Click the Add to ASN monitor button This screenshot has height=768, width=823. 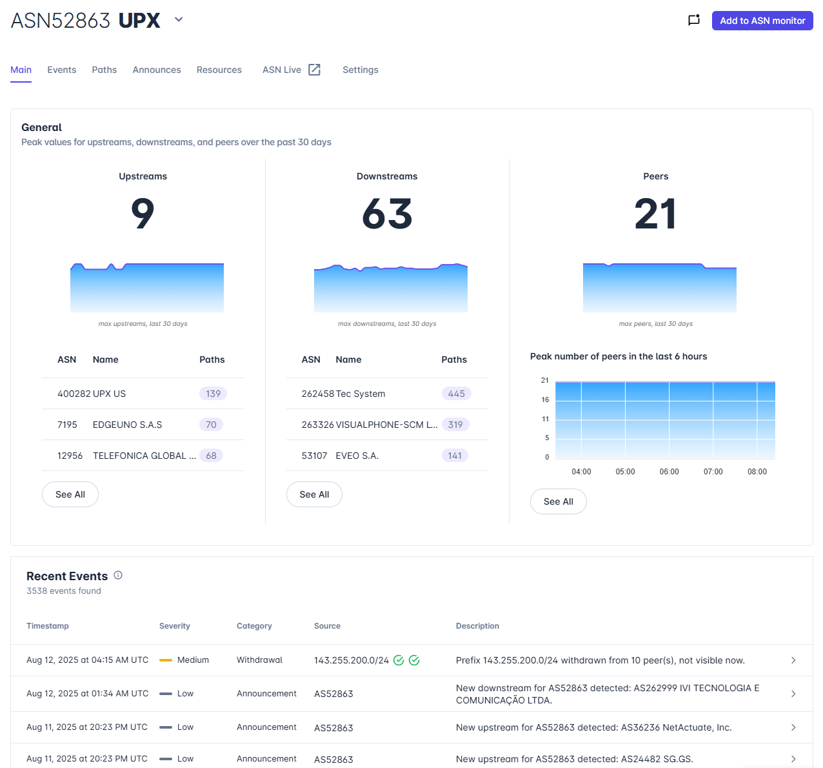point(762,21)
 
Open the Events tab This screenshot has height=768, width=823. point(62,70)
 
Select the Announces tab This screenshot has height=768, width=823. point(157,70)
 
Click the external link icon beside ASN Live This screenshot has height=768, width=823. point(315,70)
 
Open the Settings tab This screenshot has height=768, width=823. point(360,70)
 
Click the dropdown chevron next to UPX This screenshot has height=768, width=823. point(179,19)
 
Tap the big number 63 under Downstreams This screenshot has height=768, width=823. point(387,214)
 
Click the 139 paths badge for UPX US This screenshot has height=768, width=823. point(213,393)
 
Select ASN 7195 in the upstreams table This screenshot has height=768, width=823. point(67,424)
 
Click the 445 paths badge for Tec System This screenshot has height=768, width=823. point(456,393)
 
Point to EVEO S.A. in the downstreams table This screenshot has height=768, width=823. point(357,456)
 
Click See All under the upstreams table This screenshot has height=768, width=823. point(70,494)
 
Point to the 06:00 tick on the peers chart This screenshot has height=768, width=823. point(668,471)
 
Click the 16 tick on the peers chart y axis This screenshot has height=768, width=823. point(544,399)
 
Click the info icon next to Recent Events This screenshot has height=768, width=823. point(118,575)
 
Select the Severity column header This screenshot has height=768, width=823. point(174,625)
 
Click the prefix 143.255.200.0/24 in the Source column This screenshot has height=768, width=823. point(351,660)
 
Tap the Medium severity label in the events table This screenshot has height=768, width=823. point(193,660)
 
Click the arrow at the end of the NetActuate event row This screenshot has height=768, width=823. point(793,727)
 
